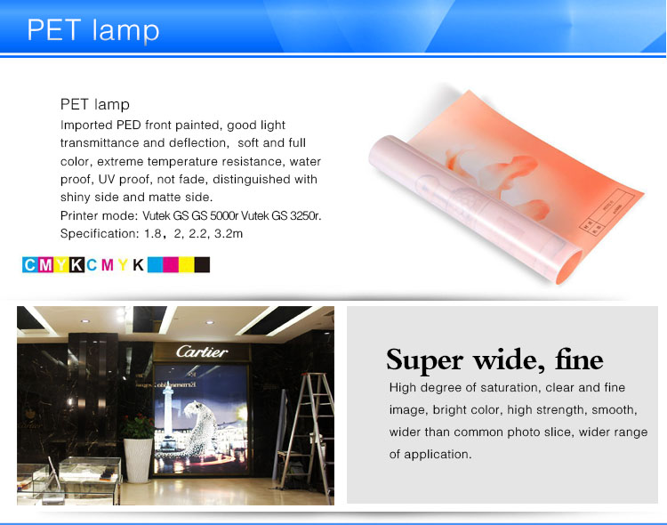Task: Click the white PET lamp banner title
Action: tap(93, 30)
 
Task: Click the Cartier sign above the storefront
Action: tap(202, 351)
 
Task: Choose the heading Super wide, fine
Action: tap(494, 360)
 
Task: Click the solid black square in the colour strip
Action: tap(202, 264)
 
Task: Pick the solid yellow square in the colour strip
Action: tap(187, 264)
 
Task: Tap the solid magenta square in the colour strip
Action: tap(171, 264)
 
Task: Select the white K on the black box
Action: tap(76, 265)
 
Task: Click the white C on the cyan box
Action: tap(29, 265)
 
